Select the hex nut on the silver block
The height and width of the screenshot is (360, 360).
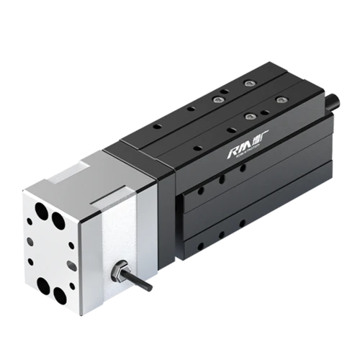(x=117, y=271)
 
